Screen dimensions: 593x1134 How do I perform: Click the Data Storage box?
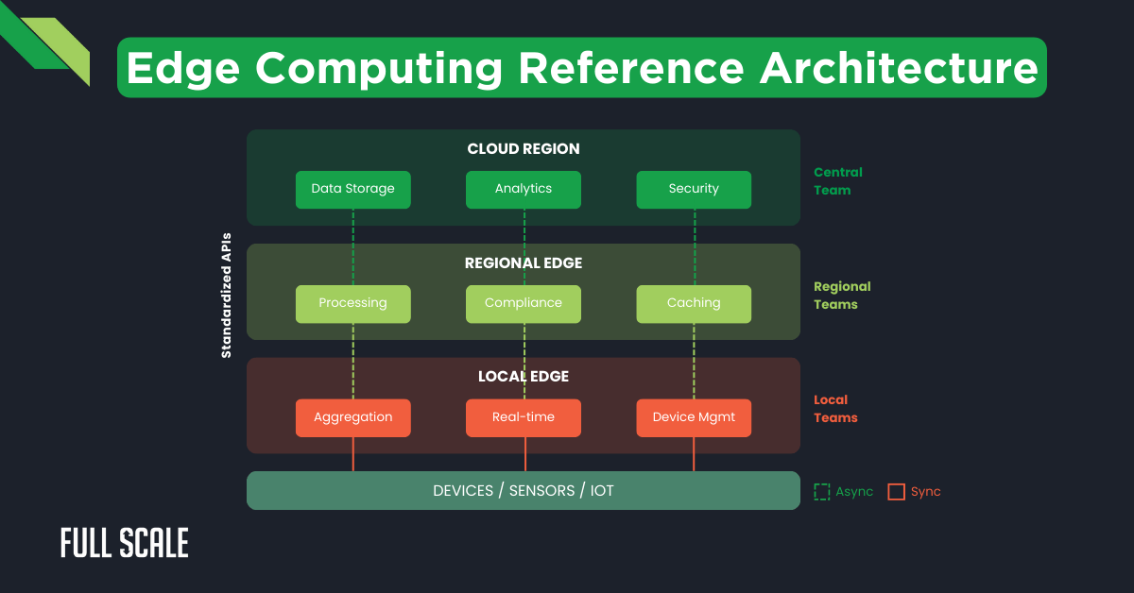pyautogui.click(x=352, y=189)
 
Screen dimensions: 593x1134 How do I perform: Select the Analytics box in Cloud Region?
pyautogui.click(x=523, y=189)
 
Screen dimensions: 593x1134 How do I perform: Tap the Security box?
pyautogui.click(x=694, y=189)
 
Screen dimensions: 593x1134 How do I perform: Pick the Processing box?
pyautogui.click(x=352, y=303)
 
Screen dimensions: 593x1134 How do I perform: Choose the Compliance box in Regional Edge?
pyautogui.click(x=523, y=303)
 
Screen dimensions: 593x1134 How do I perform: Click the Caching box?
pyautogui.click(x=694, y=303)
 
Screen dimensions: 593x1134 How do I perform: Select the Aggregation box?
pyautogui.click(x=352, y=417)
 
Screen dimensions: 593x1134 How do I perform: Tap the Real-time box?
pyautogui.click(x=523, y=417)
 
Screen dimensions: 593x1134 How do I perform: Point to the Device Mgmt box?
pyautogui.click(x=694, y=417)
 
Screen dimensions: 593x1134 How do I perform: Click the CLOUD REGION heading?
pyautogui.click(x=523, y=149)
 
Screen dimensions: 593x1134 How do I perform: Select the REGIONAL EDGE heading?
pyautogui.click(x=523, y=263)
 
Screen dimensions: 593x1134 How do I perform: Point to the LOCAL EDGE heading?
pyautogui.click(x=523, y=377)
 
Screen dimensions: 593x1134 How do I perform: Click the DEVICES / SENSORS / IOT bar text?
pyautogui.click(x=523, y=491)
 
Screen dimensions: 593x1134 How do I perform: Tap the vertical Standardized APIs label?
pyautogui.click(x=227, y=295)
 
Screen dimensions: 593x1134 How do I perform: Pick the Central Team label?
pyautogui.click(x=837, y=181)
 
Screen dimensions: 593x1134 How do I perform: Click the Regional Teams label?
pyautogui.click(x=841, y=296)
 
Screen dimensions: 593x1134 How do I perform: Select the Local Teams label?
pyautogui.click(x=835, y=409)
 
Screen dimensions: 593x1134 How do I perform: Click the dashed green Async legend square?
pyautogui.click(x=822, y=492)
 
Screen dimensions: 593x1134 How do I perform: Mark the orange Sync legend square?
pyautogui.click(x=896, y=492)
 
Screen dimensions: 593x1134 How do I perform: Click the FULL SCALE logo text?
pyautogui.click(x=125, y=544)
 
